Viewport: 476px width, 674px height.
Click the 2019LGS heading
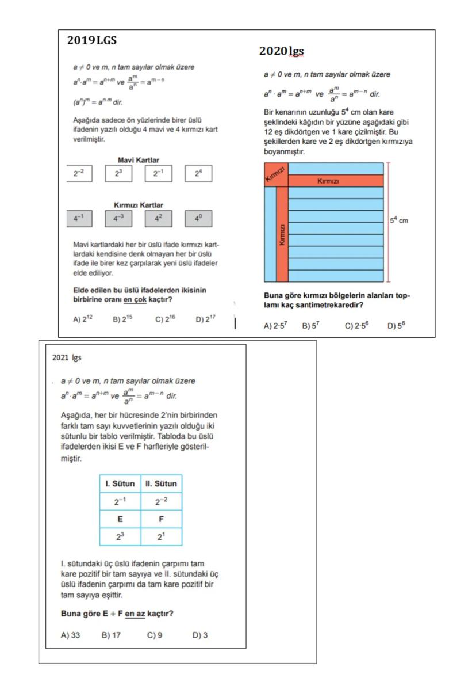(x=92, y=41)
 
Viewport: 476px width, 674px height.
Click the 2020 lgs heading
(x=281, y=51)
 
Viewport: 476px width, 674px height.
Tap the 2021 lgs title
(x=67, y=357)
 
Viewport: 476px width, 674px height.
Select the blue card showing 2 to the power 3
(x=118, y=173)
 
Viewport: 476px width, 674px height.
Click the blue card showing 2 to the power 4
(x=198, y=173)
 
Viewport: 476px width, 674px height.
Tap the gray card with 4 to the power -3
(x=118, y=219)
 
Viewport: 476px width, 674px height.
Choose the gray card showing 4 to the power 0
(x=198, y=219)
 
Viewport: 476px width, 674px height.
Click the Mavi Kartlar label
(x=139, y=160)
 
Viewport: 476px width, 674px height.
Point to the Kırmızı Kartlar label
(x=139, y=205)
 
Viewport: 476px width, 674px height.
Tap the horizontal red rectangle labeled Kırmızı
(x=336, y=181)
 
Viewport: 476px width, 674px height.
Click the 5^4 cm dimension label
(x=399, y=220)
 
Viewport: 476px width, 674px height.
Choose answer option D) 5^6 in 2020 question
(x=396, y=326)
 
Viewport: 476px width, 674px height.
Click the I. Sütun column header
(x=120, y=483)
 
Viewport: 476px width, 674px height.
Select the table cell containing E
(x=120, y=519)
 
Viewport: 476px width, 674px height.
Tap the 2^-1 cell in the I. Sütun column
(x=120, y=501)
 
